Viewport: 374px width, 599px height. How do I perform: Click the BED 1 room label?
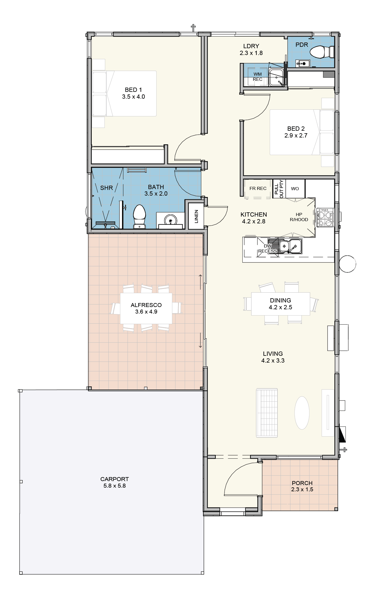(133, 90)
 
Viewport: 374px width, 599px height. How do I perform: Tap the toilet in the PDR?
(322, 52)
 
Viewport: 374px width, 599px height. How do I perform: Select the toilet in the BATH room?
(139, 217)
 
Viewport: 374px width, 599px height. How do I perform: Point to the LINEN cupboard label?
(196, 216)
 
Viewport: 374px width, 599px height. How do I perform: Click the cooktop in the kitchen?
(326, 217)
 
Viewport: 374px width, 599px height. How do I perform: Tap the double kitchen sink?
(290, 246)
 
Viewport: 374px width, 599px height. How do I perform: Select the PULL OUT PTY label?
(279, 189)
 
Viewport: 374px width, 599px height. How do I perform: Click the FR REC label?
(258, 189)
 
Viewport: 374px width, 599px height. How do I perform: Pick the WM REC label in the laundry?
(258, 77)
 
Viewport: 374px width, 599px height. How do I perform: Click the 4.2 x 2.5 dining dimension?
(280, 307)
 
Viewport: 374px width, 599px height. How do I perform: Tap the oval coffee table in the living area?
(302, 412)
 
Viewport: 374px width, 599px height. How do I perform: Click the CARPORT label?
(115, 479)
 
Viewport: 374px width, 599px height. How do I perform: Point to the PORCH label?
(302, 483)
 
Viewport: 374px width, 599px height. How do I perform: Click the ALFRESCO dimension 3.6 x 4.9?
(146, 312)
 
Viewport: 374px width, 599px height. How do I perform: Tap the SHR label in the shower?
(106, 188)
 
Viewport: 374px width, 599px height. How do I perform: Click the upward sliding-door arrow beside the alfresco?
(200, 282)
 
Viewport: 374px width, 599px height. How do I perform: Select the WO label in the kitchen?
(295, 189)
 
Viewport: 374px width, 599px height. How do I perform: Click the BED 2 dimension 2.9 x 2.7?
(296, 136)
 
